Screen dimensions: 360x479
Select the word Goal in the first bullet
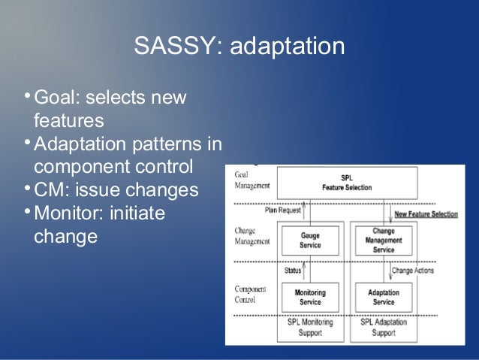(x=54, y=99)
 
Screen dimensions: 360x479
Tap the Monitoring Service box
(x=309, y=297)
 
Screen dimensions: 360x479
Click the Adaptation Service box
(x=383, y=297)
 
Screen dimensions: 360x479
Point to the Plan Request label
(x=283, y=211)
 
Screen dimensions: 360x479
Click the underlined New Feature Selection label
(x=425, y=214)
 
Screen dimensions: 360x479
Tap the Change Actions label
(x=411, y=270)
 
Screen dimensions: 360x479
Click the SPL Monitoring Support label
(x=309, y=325)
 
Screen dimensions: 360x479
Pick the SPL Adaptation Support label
(x=383, y=325)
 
